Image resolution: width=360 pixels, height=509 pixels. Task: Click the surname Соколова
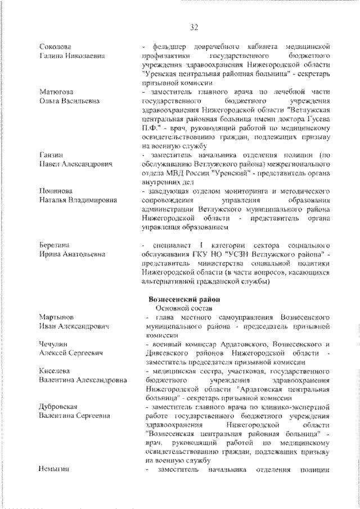[55, 45]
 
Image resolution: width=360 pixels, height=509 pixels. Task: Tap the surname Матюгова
[56, 91]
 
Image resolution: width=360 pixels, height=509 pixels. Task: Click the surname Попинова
[56, 191]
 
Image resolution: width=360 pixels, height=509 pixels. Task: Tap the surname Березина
[55, 246]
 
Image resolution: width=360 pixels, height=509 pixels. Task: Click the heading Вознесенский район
[183, 299]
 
